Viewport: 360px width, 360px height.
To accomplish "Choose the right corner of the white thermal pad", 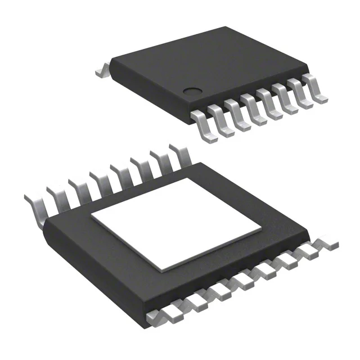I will pos(261,229).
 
